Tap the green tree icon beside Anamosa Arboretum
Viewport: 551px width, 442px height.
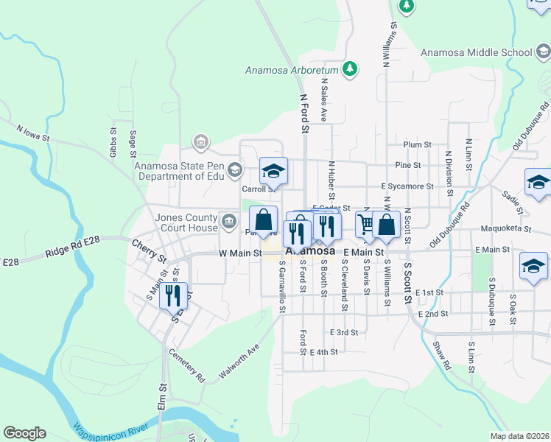coord(351,69)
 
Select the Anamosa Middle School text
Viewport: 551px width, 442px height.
coord(476,52)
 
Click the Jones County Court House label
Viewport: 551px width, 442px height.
coord(186,222)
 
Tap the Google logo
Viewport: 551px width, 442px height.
coord(24,433)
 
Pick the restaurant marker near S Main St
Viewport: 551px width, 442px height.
coord(173,296)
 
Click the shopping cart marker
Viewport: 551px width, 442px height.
coord(366,222)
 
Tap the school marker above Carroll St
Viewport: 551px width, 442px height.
coord(273,172)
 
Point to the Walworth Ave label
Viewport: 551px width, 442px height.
coord(239,362)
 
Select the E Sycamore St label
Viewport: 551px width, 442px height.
coord(407,186)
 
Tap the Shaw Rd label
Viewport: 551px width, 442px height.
coord(441,354)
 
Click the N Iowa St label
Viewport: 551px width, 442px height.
coord(33,133)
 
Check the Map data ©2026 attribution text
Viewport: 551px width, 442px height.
coord(519,436)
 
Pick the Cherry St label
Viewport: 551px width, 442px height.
coord(149,250)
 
